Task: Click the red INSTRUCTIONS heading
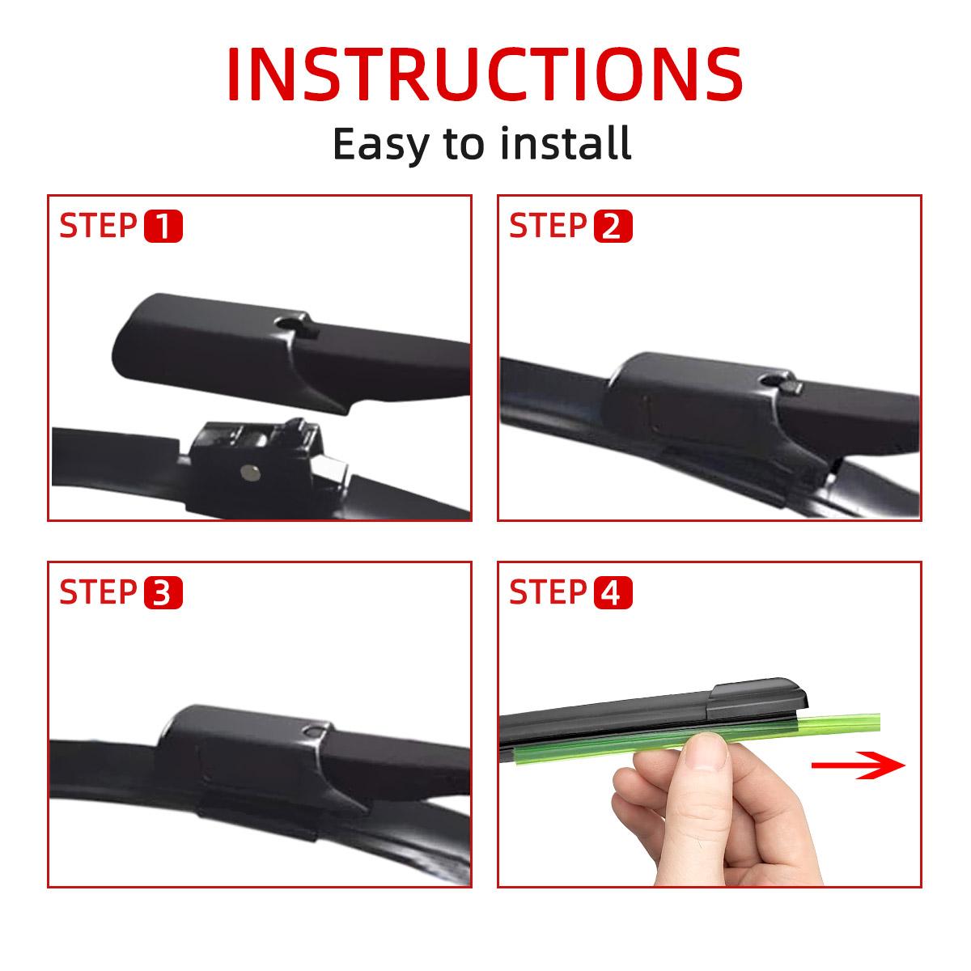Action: (484, 74)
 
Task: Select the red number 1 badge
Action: (163, 227)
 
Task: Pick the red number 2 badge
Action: (613, 227)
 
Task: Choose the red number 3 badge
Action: (163, 593)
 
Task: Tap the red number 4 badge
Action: (613, 593)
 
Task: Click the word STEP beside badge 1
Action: (98, 227)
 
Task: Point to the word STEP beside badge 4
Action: (549, 592)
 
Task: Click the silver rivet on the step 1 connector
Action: (249, 472)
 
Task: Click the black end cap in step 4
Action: (757, 699)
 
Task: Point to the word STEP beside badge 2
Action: (549, 227)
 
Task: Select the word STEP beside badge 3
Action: (98, 592)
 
